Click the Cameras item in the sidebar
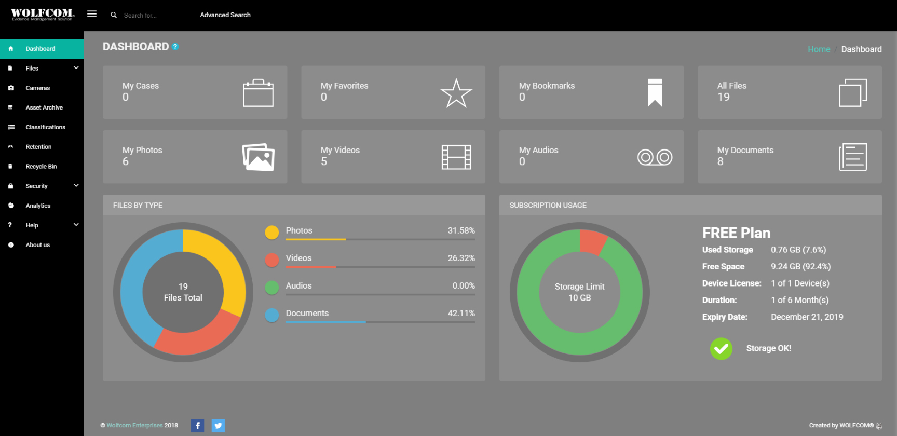point(37,88)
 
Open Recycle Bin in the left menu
point(41,167)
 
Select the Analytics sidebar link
point(38,206)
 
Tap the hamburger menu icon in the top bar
point(92,14)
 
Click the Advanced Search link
point(225,15)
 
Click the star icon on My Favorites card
point(456,93)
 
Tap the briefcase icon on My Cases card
point(258,93)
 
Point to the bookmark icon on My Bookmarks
point(655,92)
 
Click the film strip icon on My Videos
point(456,157)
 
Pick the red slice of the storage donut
point(592,241)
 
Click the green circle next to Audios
point(272,288)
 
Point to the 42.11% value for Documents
point(461,314)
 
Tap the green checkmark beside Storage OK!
point(721,349)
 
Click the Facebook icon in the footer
point(198,426)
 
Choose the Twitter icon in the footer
point(218,426)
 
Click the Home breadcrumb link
point(819,49)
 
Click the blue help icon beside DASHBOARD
point(175,47)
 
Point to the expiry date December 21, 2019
point(807,317)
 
